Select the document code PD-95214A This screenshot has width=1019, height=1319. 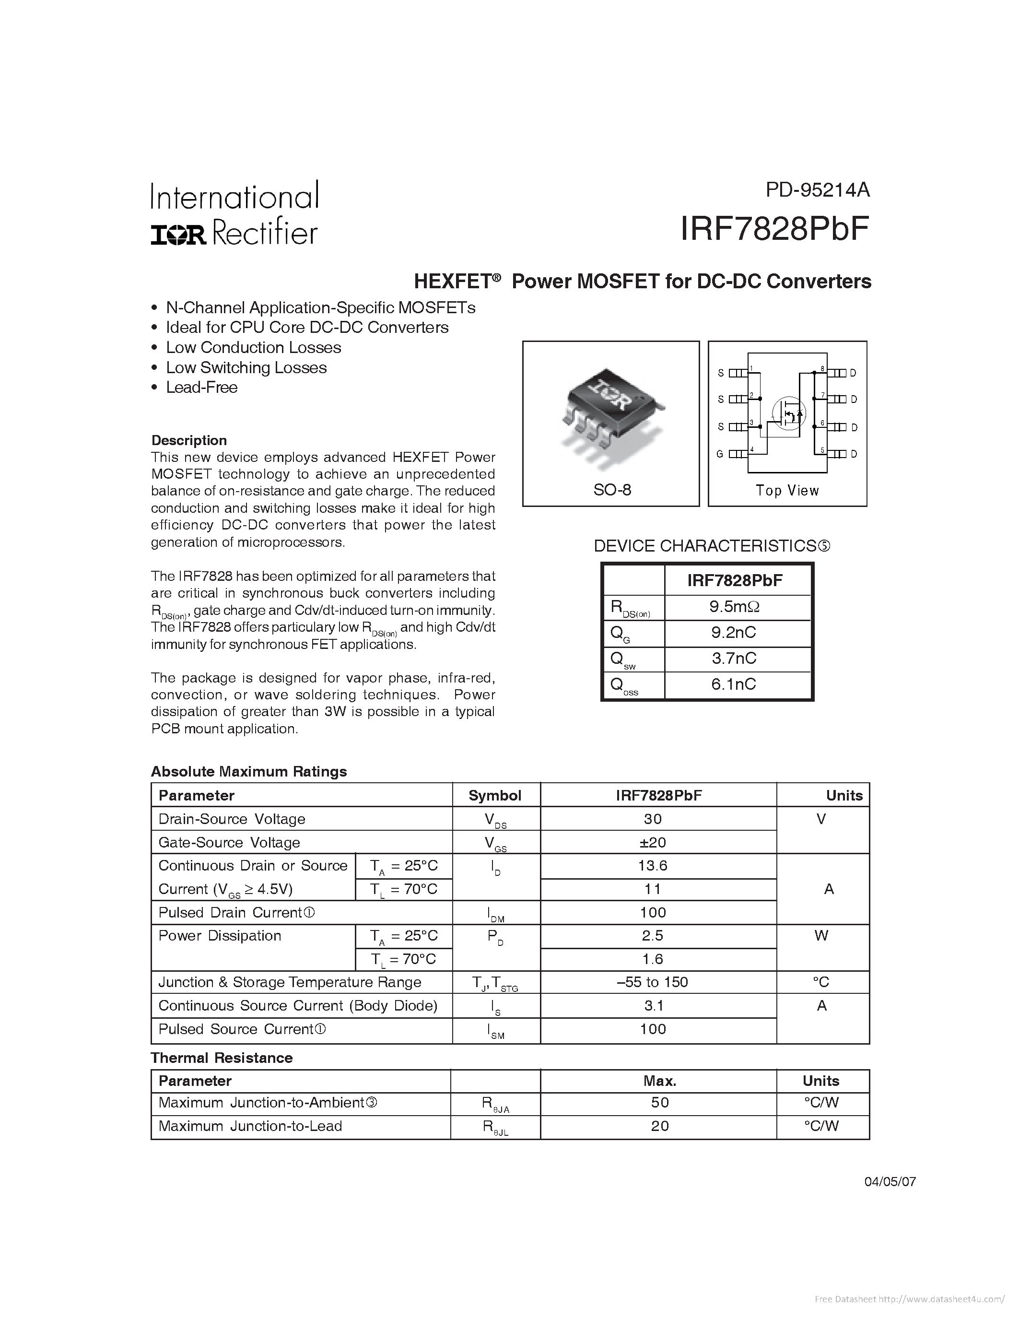click(818, 190)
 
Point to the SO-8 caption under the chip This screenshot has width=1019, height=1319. click(611, 490)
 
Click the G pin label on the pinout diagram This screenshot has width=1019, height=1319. click(720, 454)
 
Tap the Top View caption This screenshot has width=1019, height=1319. click(787, 490)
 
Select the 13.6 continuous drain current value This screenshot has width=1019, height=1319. click(653, 865)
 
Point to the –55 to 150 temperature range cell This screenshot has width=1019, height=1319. click(653, 982)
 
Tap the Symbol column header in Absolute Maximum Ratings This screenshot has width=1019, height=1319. click(495, 795)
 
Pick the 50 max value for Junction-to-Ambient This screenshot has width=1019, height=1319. click(660, 1102)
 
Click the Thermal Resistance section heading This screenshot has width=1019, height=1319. click(222, 1058)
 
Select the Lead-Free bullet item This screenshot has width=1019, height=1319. click(201, 388)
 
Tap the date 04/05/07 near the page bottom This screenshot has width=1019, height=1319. click(890, 1182)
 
